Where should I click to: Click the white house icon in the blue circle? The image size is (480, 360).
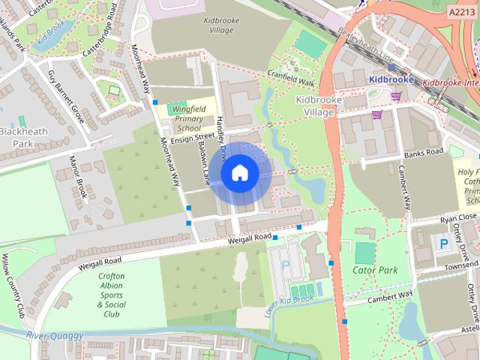[239, 173]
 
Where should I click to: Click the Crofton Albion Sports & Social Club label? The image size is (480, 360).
[111, 290]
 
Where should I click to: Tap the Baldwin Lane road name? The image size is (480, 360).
[204, 164]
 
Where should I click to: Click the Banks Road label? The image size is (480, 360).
[424, 153]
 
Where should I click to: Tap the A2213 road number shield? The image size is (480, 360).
[463, 12]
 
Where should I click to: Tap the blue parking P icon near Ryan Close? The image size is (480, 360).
[443, 244]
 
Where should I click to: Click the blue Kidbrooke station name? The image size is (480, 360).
[392, 78]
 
